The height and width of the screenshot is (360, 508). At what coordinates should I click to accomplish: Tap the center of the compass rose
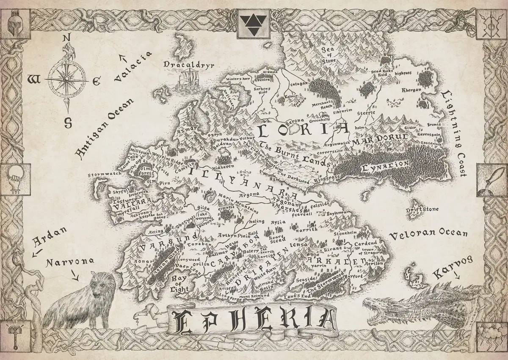point(65,79)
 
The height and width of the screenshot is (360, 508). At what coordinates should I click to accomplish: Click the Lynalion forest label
point(385,165)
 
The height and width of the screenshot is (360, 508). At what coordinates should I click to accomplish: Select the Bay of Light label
point(178,284)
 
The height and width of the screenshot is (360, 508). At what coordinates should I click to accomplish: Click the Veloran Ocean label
point(428,234)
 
